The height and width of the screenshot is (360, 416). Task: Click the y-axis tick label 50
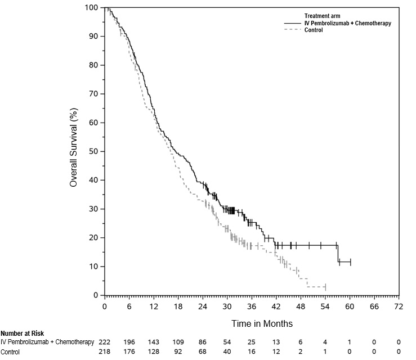pyautogui.click(x=94, y=151)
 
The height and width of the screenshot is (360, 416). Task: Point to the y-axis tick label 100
pyautogui.click(x=92, y=7)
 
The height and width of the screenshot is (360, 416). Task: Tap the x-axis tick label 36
pyautogui.click(x=252, y=307)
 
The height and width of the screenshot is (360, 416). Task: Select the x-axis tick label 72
pyautogui.click(x=399, y=307)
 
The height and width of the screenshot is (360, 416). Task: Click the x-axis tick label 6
pyautogui.click(x=129, y=307)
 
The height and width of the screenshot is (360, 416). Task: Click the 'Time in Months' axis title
pyautogui.click(x=262, y=323)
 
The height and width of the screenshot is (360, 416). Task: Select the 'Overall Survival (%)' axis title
pyautogui.click(x=73, y=152)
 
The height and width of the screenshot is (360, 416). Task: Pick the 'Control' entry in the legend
pyautogui.click(x=314, y=30)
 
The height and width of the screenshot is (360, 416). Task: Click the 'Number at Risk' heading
pyautogui.click(x=22, y=334)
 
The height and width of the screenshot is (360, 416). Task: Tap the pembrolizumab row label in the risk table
pyautogui.click(x=47, y=342)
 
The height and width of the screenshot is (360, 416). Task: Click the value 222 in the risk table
pyautogui.click(x=105, y=342)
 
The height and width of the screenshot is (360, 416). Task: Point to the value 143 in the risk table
pyautogui.click(x=154, y=342)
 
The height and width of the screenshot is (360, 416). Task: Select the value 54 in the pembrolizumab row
pyautogui.click(x=227, y=342)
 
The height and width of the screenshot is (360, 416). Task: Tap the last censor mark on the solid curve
pyautogui.click(x=350, y=262)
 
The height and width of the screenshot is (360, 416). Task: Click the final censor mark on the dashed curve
pyautogui.click(x=325, y=287)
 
